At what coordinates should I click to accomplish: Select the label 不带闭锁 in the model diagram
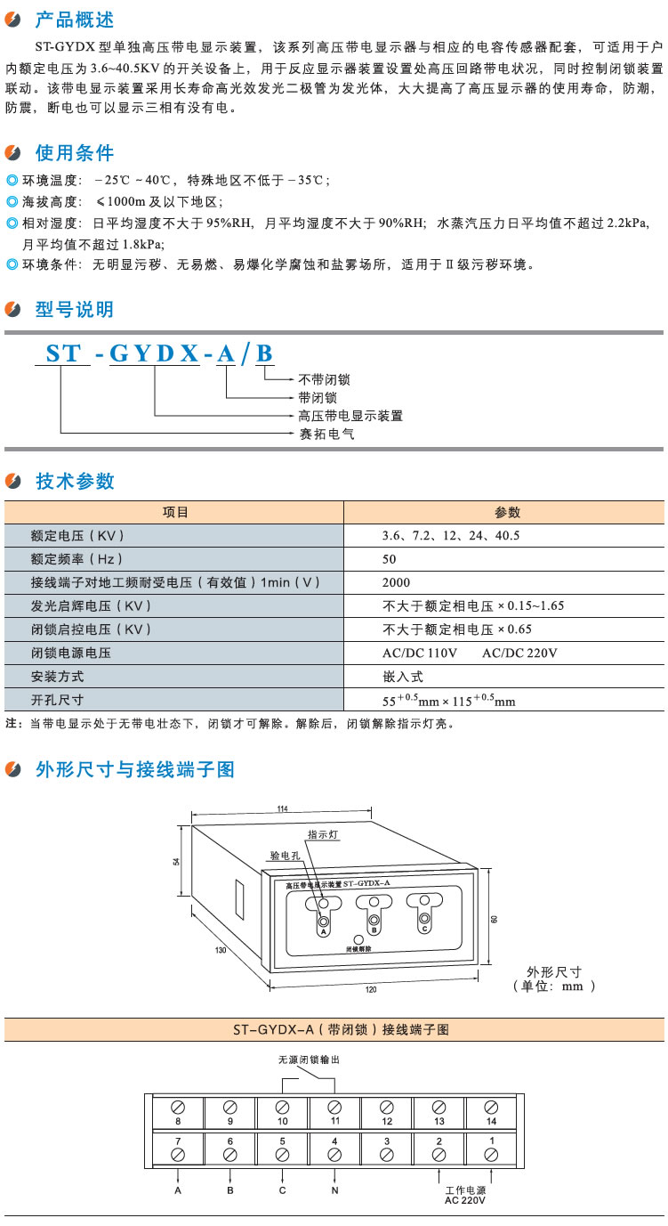(324, 379)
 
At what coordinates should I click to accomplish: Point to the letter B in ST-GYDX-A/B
(264, 353)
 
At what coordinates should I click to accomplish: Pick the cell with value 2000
(397, 582)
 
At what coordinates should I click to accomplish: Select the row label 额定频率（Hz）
(76, 559)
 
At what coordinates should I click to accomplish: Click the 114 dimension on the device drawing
(283, 808)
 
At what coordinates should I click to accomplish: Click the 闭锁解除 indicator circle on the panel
(358, 940)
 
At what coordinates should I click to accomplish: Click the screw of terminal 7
(178, 1154)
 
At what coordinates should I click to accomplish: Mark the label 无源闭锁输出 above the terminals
(309, 1060)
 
